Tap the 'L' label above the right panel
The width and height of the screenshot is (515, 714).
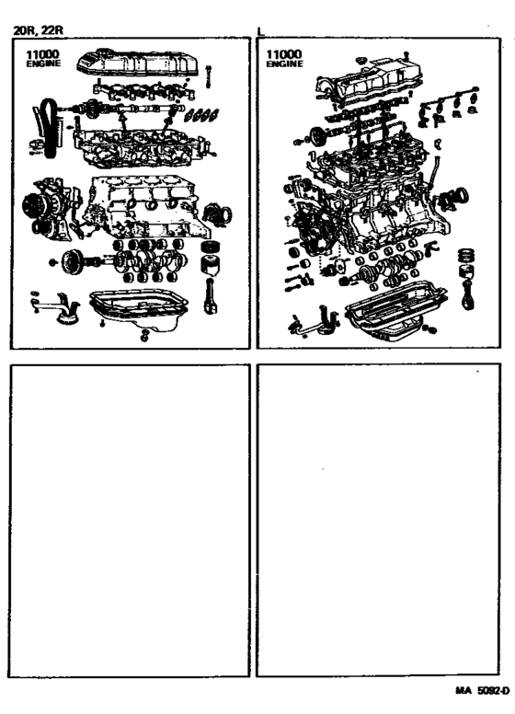261,31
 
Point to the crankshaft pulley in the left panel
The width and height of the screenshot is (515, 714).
68,260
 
